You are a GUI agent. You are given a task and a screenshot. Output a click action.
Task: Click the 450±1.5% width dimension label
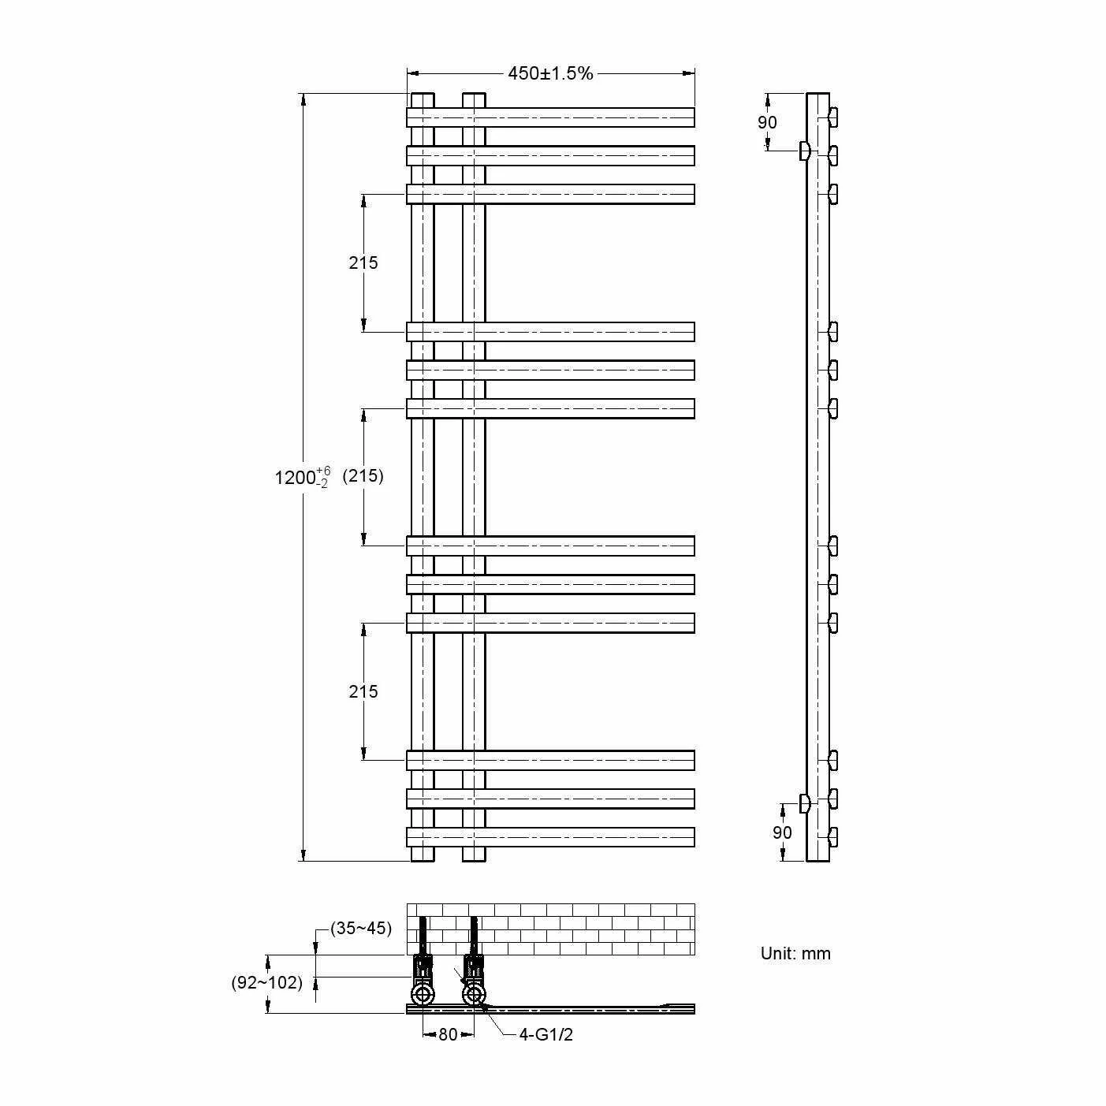[549, 73]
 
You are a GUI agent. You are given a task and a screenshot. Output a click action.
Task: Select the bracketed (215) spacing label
[363, 476]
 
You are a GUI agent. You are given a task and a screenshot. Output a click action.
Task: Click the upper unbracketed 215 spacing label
[363, 263]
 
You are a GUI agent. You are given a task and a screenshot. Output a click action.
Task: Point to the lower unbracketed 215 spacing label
[363, 691]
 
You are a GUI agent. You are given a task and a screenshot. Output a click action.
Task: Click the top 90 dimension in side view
[767, 122]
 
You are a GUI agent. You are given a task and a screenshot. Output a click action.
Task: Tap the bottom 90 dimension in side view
[782, 832]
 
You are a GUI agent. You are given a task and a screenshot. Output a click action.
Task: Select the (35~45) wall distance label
[361, 928]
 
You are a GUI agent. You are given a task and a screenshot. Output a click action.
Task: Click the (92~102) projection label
[266, 982]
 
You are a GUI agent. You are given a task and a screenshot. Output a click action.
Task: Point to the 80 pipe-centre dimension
[449, 1034]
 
